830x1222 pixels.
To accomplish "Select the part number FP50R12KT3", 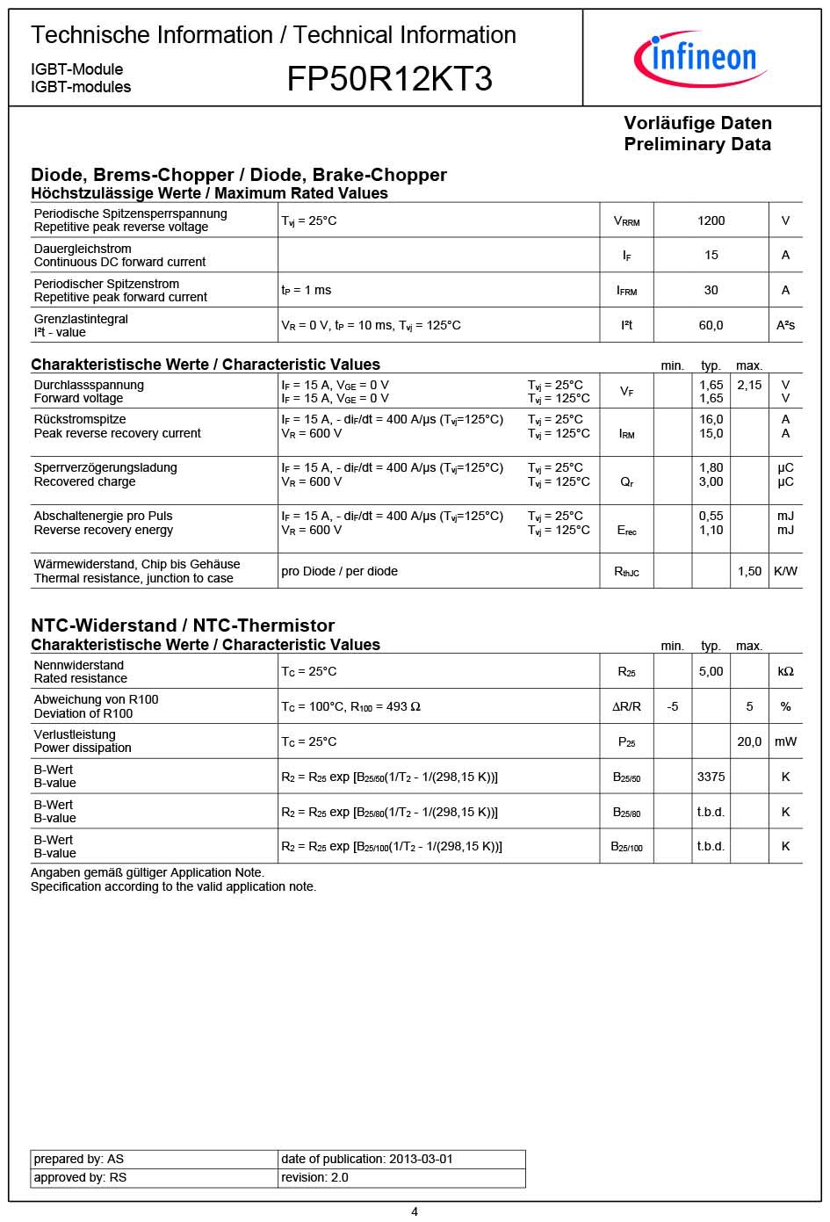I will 389,79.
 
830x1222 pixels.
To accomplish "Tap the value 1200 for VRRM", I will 711,221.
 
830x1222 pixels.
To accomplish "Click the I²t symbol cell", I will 626,325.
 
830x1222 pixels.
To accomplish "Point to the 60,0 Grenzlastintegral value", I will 711,325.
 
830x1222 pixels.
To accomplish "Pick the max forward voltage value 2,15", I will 749,385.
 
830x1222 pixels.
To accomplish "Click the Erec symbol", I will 626,531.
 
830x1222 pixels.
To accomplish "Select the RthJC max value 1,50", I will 749,571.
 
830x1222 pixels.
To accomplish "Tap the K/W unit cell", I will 785,571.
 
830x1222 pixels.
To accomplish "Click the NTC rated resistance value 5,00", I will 711,671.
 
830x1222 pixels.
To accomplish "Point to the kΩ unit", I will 785,671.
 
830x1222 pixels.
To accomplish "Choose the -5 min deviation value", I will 672,706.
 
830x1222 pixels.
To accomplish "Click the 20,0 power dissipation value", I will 749,741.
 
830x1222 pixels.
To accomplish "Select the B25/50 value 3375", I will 711,777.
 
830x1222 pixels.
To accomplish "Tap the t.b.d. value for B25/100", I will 711,846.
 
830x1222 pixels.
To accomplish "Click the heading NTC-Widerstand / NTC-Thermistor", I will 183,625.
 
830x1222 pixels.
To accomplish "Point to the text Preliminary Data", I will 697,144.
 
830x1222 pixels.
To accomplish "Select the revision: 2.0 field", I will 314,1177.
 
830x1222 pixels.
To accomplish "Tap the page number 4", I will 415,1211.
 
